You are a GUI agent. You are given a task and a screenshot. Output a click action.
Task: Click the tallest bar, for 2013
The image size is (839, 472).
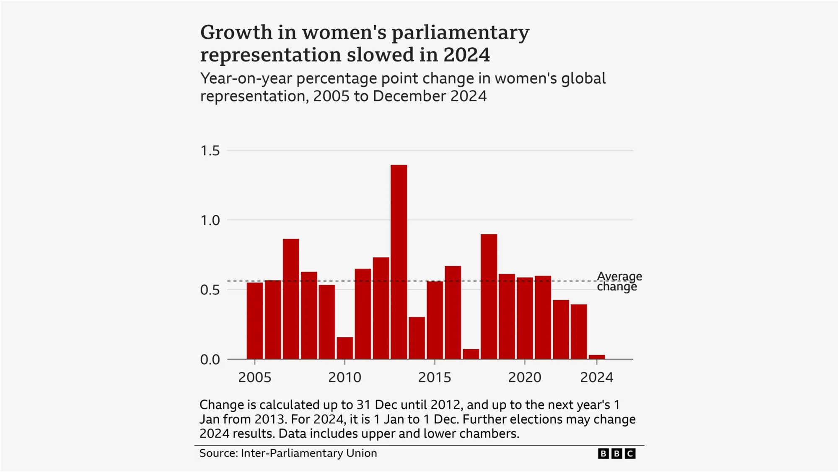[399, 262]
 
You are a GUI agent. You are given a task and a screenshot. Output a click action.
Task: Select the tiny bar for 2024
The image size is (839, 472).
[596, 357]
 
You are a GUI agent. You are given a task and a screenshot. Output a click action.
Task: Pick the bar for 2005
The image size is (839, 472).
[254, 320]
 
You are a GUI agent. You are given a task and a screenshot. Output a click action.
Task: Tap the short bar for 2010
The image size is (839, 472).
[344, 348]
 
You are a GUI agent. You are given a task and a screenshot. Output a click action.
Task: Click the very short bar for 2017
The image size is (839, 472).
[471, 354]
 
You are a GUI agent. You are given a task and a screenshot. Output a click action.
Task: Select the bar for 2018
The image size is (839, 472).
[489, 297]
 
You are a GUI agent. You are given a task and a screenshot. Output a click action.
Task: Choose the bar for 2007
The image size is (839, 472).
[290, 299]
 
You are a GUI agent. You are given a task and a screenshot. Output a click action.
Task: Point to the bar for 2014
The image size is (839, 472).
[417, 338]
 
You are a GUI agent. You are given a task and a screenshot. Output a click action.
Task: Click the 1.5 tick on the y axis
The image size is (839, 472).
[210, 151]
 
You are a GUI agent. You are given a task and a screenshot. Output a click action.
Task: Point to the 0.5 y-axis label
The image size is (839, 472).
[210, 290]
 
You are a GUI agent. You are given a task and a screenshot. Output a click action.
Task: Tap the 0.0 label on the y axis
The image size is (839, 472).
[210, 359]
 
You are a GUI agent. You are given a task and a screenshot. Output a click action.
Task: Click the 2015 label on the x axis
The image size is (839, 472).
[435, 377]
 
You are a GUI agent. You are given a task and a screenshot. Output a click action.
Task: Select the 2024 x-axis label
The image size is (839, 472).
[596, 377]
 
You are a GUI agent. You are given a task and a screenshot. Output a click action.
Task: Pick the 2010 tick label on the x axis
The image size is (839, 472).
[344, 377]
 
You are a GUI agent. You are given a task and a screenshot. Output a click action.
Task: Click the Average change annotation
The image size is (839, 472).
[619, 281]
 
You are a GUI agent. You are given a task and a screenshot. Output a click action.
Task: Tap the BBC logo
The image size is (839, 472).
[616, 454]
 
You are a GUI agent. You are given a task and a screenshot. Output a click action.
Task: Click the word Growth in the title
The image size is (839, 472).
[236, 33]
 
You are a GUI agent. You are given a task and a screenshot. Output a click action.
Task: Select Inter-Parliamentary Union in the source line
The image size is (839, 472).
[309, 453]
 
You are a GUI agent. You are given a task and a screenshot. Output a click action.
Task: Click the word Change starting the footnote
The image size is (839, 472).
[222, 405]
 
